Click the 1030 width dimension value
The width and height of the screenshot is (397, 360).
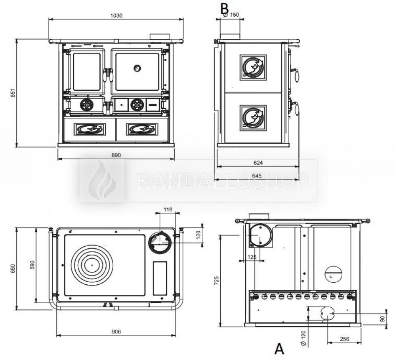[x=116, y=15]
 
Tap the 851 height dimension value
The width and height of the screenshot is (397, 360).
[x=13, y=93]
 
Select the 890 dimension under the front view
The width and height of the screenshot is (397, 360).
[x=116, y=155]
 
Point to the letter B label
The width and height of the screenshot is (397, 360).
[x=225, y=8]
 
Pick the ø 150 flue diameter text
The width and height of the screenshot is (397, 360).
[x=232, y=15]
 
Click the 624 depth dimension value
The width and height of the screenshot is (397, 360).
[x=258, y=163]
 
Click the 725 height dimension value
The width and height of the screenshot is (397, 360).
[x=216, y=280]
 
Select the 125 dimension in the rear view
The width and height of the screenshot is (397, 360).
[x=252, y=257]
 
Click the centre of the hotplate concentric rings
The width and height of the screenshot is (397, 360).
[x=91, y=264]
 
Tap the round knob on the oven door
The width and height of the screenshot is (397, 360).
[x=137, y=68]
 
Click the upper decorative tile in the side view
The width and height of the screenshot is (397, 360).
[x=253, y=67]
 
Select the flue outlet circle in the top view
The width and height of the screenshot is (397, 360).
[x=159, y=241]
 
